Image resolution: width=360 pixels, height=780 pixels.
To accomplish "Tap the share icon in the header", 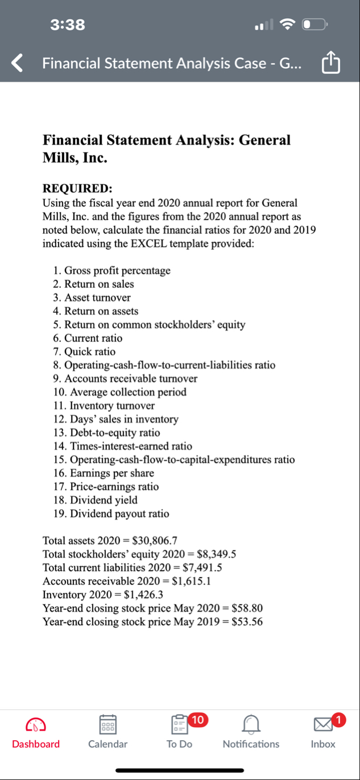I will point(331,63).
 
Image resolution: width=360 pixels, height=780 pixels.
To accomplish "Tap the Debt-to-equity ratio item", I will point(106,432).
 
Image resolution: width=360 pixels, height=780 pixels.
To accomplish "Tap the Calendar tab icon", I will point(107,724).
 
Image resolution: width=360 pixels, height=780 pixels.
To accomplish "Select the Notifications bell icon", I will point(251,724).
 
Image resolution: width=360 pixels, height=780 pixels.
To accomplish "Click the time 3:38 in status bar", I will point(67,24).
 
